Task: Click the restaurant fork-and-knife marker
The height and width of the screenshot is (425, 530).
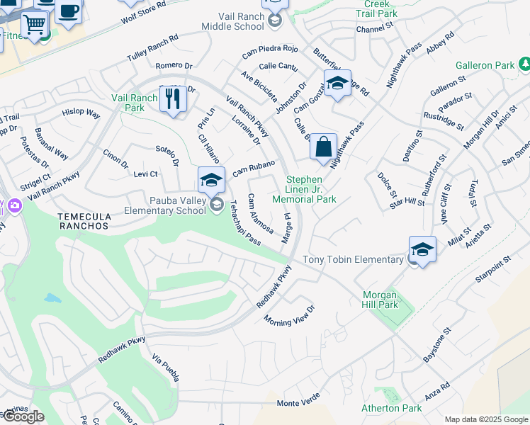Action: [173, 99]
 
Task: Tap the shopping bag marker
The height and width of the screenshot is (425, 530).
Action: [323, 147]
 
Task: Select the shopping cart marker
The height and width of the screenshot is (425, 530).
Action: [34, 25]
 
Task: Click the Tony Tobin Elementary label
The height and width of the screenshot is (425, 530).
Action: [353, 260]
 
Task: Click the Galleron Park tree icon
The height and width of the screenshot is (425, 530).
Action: [524, 65]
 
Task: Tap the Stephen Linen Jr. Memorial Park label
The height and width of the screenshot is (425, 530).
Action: [310, 189]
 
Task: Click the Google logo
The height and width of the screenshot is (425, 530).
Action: [23, 416]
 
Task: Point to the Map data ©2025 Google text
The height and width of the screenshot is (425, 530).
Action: [486, 419]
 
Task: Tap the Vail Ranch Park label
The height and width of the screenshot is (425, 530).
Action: [128, 103]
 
